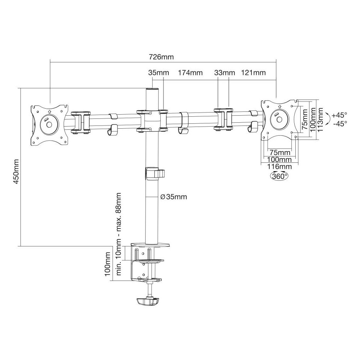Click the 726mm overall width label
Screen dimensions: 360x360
click(x=161, y=57)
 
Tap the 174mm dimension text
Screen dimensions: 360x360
click(x=190, y=73)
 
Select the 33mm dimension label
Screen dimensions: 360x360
click(x=225, y=73)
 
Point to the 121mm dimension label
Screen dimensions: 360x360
click(x=253, y=73)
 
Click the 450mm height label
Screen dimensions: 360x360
click(x=16, y=172)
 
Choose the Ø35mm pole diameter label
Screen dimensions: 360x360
click(x=174, y=197)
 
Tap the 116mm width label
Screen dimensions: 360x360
click(x=279, y=166)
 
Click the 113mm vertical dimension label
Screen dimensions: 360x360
click(x=320, y=120)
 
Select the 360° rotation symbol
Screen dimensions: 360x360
click(x=279, y=176)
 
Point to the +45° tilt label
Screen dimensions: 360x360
click(x=339, y=115)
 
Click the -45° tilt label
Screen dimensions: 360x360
click(x=340, y=124)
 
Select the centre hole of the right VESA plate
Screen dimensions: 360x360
click(x=279, y=120)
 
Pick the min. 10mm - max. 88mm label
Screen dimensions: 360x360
click(x=118, y=234)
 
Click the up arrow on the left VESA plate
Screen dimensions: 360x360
click(x=49, y=111)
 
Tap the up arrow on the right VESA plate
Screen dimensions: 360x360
click(x=279, y=107)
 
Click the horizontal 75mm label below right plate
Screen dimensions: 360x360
click(x=280, y=153)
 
